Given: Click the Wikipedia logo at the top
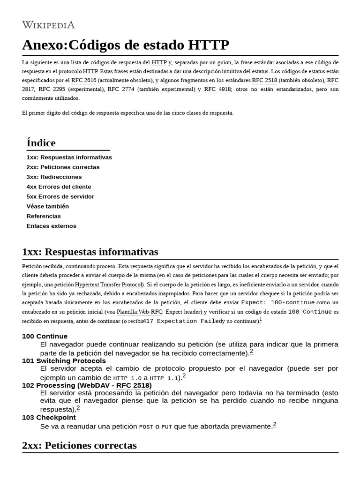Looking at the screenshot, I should point(48,25).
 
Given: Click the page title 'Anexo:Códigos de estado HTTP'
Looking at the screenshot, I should point(126,45).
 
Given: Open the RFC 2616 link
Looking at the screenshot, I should point(83,80).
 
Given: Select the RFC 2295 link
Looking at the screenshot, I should point(52,89).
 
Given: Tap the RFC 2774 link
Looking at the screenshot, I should point(121,89).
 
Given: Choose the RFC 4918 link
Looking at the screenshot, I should point(217,89).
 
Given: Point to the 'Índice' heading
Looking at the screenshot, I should point(41,143).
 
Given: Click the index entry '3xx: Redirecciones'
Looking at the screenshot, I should point(54,177).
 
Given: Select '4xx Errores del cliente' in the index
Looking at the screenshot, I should point(59,187).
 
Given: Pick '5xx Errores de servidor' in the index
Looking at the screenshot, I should point(60,196).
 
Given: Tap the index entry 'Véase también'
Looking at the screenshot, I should point(47,206).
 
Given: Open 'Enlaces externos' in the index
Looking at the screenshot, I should point(51,226).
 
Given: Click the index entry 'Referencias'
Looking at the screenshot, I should point(44,216).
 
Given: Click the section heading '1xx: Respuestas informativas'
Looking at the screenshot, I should point(90,252).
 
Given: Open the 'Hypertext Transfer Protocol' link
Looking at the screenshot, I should point(109,285).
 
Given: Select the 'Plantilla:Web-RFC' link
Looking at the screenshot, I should point(139,312).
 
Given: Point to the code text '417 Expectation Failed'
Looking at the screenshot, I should point(182,321).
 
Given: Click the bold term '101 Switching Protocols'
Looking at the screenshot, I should point(64,360).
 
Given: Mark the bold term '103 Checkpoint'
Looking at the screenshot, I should point(49,417).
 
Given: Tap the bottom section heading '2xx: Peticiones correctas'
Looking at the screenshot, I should point(79,445).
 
